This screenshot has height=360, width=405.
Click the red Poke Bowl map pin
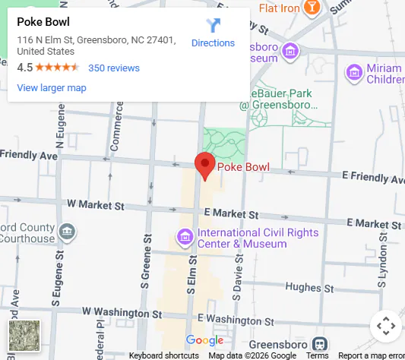(x=204, y=164)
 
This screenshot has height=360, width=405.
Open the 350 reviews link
(x=114, y=68)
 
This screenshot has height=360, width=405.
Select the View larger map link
(x=52, y=87)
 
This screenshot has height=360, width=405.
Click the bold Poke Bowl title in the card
(x=43, y=22)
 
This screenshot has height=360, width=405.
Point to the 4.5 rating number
(x=24, y=68)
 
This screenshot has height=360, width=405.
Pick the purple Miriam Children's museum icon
(x=353, y=73)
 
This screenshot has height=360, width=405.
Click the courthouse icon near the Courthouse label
(x=67, y=230)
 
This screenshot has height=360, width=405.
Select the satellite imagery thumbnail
(x=24, y=336)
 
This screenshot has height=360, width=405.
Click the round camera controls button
(x=386, y=326)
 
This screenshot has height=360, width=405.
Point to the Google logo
(x=204, y=339)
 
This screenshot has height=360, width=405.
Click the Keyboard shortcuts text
(x=163, y=355)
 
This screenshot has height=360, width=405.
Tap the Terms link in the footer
(x=317, y=355)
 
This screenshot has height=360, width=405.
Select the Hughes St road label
(x=304, y=287)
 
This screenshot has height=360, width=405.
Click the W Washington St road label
(x=122, y=312)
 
